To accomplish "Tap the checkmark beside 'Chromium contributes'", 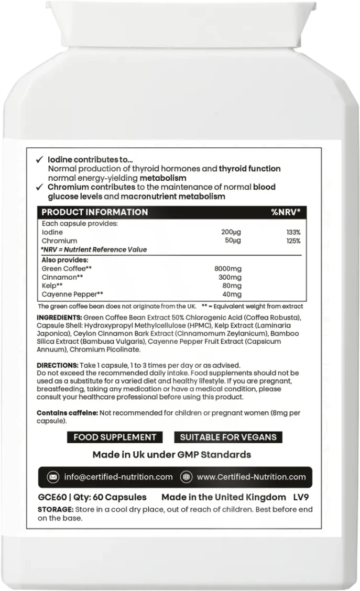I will click(x=41, y=188).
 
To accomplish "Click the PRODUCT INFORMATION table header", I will click(x=94, y=212).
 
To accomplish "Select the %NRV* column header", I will click(x=285, y=212).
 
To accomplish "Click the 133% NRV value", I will click(x=293, y=232).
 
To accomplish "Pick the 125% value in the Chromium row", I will click(x=293, y=241).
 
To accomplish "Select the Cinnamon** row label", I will click(x=62, y=277).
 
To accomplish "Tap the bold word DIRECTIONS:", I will click(x=56, y=365).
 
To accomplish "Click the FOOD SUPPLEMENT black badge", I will click(x=115, y=437).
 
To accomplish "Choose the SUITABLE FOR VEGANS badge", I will click(x=228, y=437).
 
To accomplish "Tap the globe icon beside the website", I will click(x=186, y=477).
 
